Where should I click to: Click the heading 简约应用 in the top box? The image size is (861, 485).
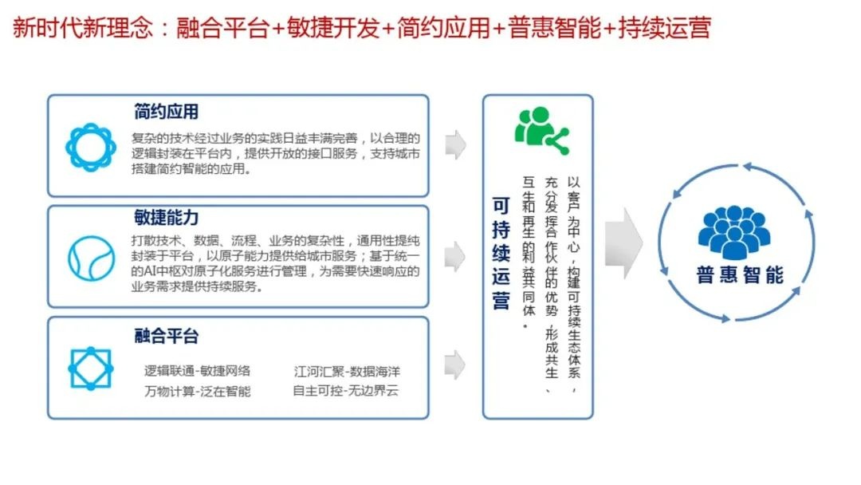tap(166, 112)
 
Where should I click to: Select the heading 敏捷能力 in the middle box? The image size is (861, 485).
tap(166, 218)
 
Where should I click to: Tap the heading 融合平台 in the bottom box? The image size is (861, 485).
tap(166, 335)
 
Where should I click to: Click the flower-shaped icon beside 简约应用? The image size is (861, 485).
tap(90, 148)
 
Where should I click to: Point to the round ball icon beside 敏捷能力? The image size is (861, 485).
tap(90, 258)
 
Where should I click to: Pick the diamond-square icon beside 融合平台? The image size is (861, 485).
tap(90, 368)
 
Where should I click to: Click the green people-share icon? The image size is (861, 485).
tap(541, 129)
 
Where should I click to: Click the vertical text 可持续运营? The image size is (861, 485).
tap(501, 254)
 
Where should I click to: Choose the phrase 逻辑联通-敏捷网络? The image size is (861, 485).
tap(197, 371)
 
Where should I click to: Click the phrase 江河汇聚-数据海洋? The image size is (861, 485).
tap(345, 371)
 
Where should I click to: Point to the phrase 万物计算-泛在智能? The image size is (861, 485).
tap(197, 391)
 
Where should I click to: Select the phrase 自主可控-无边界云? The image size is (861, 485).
tap(345, 391)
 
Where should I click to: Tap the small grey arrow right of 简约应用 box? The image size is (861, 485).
tap(455, 144)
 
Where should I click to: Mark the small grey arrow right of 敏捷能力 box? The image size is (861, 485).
tap(455, 255)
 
